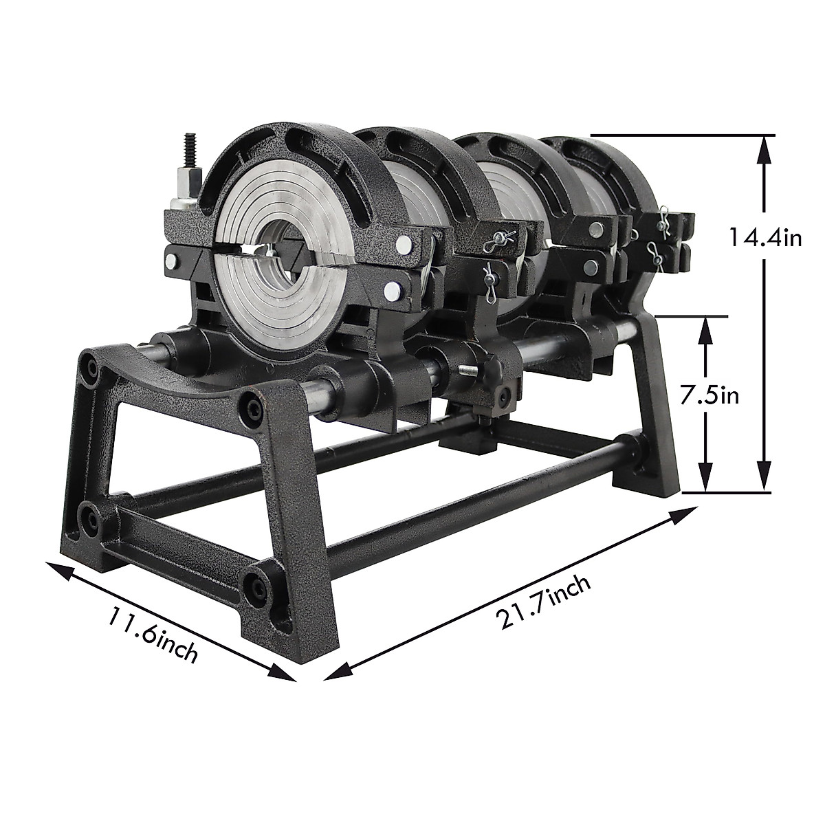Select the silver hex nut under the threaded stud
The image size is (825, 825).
pos(186,186)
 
